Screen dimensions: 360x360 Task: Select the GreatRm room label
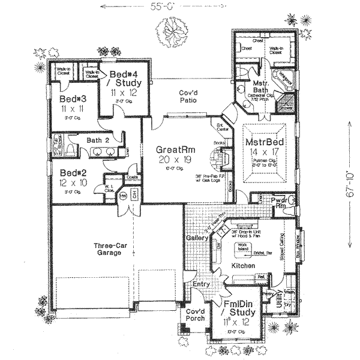click(x=173, y=149)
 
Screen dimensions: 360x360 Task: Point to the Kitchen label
click(x=243, y=265)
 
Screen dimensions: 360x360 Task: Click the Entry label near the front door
click(x=202, y=284)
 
